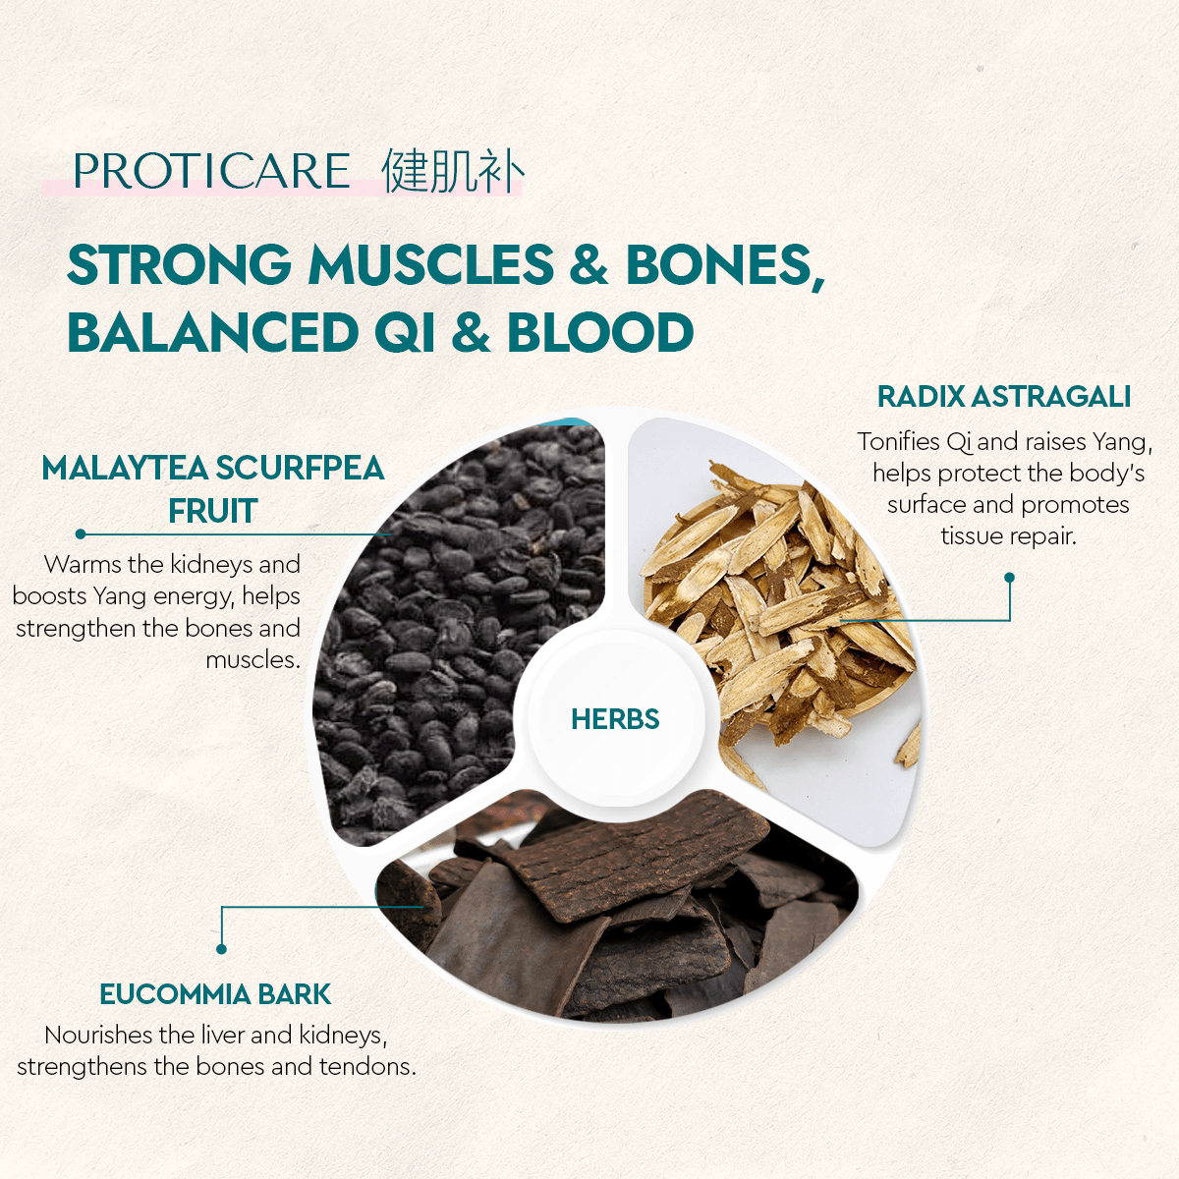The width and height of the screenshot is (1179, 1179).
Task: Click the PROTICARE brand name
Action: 211,171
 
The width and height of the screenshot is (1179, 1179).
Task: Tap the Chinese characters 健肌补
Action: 452,171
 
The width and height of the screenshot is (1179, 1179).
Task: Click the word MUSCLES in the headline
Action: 431,265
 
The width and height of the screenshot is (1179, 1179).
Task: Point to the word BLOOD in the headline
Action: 600,332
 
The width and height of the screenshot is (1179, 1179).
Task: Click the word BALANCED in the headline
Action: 213,332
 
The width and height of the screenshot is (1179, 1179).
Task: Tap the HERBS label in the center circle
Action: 615,719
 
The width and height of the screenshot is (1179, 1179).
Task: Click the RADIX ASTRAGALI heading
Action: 1003,397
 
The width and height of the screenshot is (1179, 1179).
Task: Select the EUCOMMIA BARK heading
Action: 215,994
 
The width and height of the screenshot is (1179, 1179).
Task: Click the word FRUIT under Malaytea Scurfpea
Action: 212,511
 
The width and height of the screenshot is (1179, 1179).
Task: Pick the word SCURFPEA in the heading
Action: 300,468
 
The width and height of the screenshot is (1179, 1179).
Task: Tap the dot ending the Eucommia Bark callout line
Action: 221,949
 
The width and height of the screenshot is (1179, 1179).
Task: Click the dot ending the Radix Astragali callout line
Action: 1009,578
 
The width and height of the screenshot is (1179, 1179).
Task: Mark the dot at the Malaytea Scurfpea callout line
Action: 81,534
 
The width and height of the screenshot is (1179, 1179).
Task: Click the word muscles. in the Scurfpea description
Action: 253,660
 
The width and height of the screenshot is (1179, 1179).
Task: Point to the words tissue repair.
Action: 1008,536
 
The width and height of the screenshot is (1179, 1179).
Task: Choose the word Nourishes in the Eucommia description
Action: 98,1036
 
